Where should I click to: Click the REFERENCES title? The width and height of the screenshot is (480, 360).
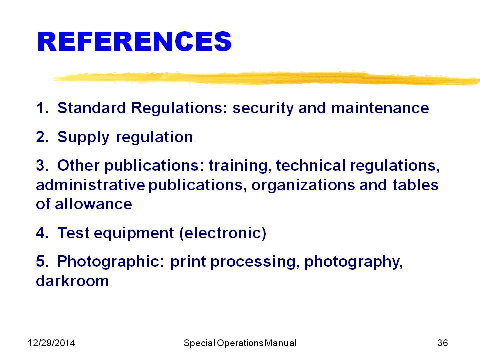point(134,41)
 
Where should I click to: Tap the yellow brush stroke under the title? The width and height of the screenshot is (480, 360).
point(265,78)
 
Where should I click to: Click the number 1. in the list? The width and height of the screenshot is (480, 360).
point(42,108)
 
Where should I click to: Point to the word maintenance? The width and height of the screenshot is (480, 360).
point(380,108)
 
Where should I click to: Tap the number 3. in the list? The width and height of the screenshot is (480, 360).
point(42,165)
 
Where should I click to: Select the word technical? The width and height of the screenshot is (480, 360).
point(311,165)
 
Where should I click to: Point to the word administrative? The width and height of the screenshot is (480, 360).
point(90,185)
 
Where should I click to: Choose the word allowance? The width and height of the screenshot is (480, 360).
point(93,204)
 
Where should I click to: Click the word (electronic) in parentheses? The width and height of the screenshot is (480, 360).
point(223,233)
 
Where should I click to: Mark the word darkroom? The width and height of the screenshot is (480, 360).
point(72,281)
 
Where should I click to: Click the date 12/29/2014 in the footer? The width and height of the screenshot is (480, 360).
point(51,343)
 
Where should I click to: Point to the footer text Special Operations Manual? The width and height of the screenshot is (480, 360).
point(240,343)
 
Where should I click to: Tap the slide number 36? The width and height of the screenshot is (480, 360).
point(443,343)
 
